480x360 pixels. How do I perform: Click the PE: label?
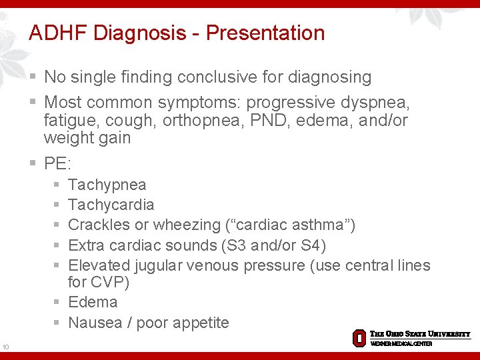[x=57, y=163]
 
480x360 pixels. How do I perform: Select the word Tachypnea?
[x=107, y=185]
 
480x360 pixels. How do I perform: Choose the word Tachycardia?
[x=111, y=205]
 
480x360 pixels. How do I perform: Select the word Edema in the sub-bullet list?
[x=93, y=302]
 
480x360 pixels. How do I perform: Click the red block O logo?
[x=359, y=337]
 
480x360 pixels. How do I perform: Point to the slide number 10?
[x=5, y=347]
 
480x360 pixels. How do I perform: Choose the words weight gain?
[x=87, y=138]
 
